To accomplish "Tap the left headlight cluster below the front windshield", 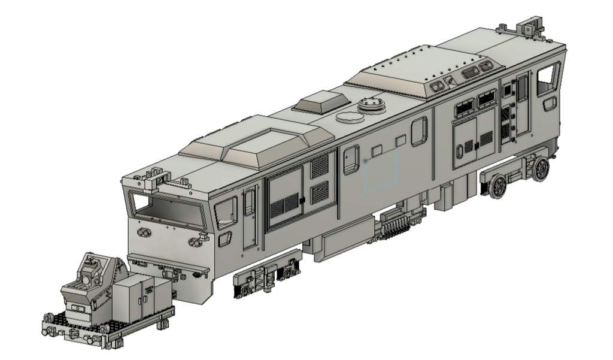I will click(x=144, y=232).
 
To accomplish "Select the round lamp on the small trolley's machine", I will click(x=87, y=279).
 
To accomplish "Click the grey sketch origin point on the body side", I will click(x=365, y=161).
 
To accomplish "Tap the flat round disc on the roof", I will click(x=350, y=117).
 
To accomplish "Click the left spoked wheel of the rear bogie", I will click(x=497, y=187).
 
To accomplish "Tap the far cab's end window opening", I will click(x=548, y=78).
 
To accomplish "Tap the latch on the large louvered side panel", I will click(x=302, y=199).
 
